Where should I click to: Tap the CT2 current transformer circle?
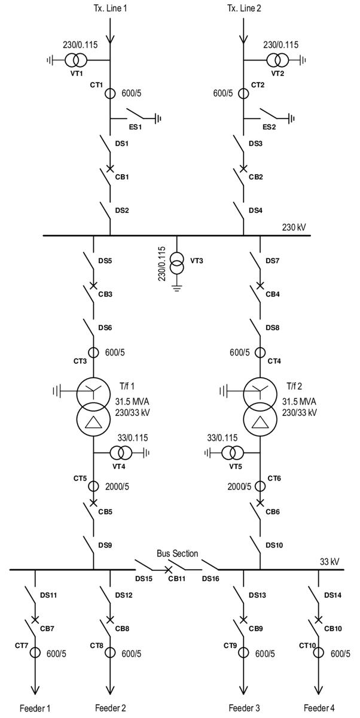[x=243, y=93]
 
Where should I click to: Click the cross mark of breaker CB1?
[x=110, y=168]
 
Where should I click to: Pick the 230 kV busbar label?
[x=295, y=228]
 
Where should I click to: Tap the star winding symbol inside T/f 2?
[x=260, y=392]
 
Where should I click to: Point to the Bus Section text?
[x=178, y=553]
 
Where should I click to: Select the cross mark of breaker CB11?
[x=169, y=569]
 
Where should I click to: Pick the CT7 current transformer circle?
[x=35, y=653]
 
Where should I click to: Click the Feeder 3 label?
[x=243, y=708]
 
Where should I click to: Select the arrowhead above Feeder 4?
[x=318, y=687]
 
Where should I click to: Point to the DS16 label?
[x=210, y=579]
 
